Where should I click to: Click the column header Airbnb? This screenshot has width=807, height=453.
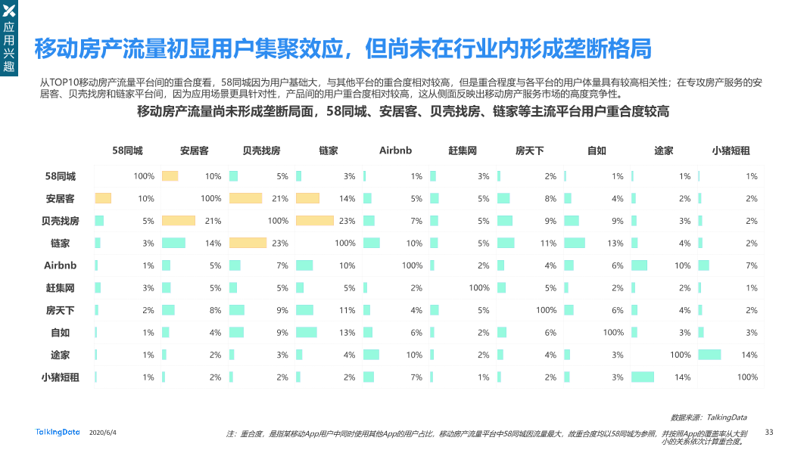(395, 150)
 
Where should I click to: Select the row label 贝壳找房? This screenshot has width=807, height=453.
(61, 221)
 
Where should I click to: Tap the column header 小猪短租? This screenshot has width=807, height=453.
(731, 150)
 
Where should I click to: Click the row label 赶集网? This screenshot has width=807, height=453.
(61, 288)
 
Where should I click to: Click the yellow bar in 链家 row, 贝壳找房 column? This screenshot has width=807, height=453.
(248, 243)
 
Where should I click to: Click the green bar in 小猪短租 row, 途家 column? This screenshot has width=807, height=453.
(643, 377)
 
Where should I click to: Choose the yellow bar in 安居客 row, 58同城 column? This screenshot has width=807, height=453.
(102, 198)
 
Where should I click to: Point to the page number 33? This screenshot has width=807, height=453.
(769, 432)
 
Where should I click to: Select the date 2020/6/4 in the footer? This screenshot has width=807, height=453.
(103, 432)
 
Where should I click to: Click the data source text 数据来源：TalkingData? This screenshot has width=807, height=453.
(709, 417)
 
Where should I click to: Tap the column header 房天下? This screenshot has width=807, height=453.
(529, 150)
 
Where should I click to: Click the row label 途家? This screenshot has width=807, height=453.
(61, 355)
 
